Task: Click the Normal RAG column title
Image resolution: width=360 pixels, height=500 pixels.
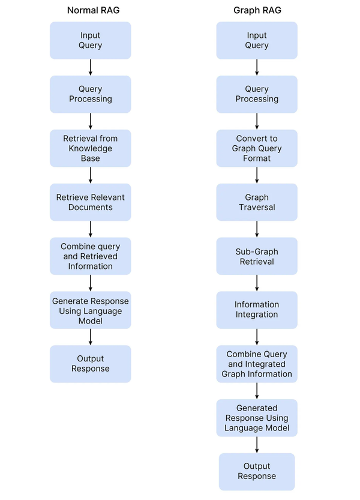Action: [90, 10]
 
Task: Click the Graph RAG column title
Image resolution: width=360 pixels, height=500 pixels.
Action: [257, 10]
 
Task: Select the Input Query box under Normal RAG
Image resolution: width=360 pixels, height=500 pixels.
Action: [90, 40]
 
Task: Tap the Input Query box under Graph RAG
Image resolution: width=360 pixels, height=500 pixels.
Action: [257, 40]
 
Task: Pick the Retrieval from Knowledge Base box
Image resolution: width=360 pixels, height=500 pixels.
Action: [90, 148]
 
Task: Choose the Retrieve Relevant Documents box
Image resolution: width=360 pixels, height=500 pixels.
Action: [90, 202]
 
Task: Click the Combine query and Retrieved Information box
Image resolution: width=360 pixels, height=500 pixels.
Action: [90, 256]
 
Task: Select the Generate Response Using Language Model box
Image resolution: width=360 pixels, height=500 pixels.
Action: [90, 310]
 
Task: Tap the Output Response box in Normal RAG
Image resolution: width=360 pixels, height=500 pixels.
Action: [90, 364]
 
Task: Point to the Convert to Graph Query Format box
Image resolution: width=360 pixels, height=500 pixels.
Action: [257, 148]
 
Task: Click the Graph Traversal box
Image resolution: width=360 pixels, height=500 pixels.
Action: [257, 202]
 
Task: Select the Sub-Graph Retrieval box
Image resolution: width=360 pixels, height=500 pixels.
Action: [257, 256]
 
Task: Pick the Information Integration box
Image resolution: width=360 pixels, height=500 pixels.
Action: [257, 310]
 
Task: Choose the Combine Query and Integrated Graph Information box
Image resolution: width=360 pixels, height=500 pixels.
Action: [257, 364]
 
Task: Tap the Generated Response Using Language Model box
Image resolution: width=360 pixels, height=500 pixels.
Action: [257, 418]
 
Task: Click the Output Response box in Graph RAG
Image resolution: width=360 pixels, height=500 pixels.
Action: [257, 471]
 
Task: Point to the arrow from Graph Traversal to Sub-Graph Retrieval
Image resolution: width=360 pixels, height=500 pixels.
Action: [257, 229]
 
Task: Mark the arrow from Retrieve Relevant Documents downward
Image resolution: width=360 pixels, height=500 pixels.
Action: [90, 229]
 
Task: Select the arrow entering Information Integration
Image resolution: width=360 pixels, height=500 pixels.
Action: [257, 283]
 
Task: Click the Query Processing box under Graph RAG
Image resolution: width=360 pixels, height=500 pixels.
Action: [257, 94]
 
